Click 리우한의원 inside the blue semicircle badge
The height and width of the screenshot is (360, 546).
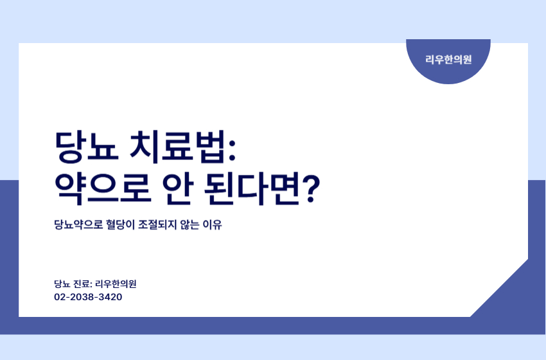(448, 59)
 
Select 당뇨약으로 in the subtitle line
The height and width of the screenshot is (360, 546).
(80, 226)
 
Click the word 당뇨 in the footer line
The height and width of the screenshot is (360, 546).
(62, 283)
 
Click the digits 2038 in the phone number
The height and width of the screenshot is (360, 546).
(82, 298)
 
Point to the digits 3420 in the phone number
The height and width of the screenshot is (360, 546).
(110, 298)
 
